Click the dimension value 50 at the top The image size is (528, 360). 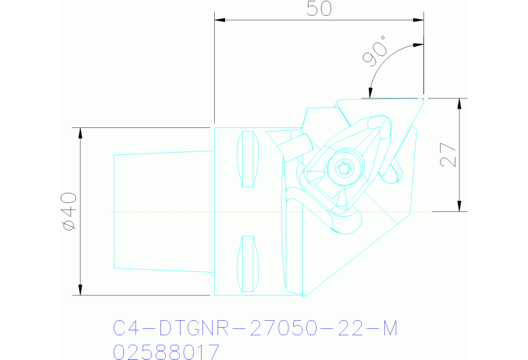click(x=318, y=9)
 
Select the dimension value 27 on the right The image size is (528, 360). click(x=448, y=155)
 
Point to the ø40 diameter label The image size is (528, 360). click(x=68, y=211)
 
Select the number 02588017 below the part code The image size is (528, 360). click(x=166, y=352)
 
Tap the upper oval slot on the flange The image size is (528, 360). click(x=248, y=159)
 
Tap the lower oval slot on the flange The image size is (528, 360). click(x=248, y=264)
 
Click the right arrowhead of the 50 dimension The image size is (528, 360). click(x=419, y=20)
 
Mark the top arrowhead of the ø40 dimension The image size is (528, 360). click(x=81, y=132)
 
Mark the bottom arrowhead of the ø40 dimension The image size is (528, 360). click(x=81, y=290)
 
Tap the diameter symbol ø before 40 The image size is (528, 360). click(x=68, y=224)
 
